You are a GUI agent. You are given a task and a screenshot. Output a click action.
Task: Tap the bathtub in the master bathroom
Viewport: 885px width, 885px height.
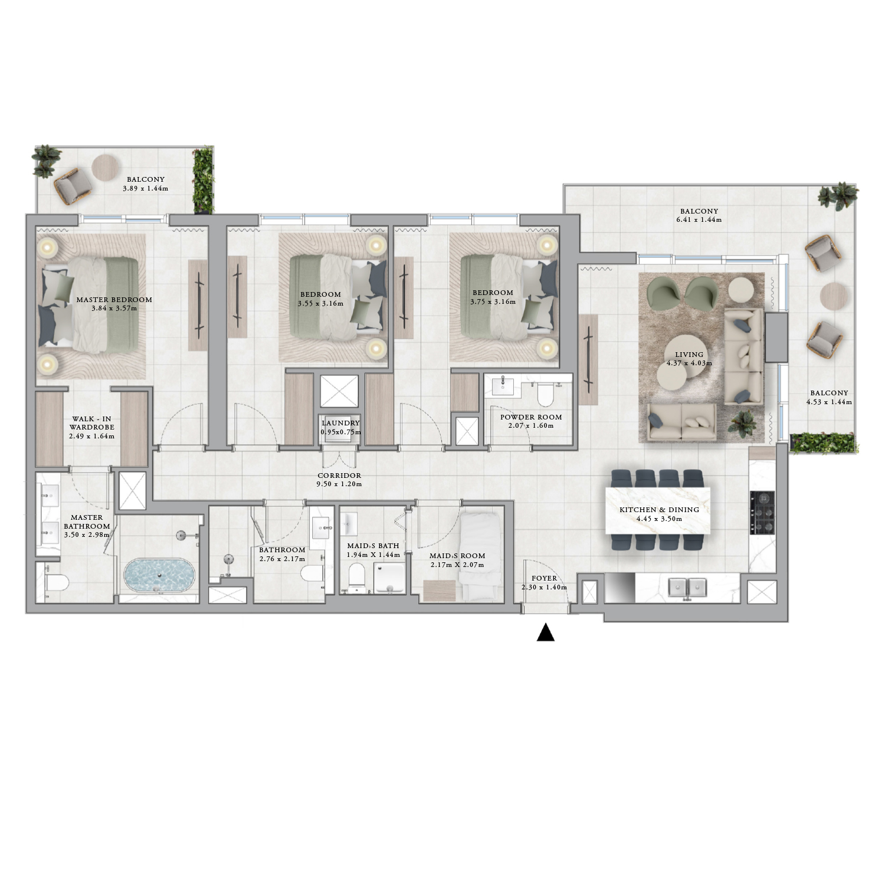tap(159, 575)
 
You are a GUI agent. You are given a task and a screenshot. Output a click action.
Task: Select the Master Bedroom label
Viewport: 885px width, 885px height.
tap(114, 299)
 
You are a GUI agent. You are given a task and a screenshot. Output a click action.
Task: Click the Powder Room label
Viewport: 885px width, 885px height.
tap(531, 417)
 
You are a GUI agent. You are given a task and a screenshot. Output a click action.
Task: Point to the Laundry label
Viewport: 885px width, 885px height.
tap(340, 423)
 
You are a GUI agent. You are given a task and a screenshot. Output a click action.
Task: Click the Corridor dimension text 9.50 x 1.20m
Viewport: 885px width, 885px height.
tap(339, 484)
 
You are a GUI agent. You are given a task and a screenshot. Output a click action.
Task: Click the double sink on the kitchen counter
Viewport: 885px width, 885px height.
tap(687, 587)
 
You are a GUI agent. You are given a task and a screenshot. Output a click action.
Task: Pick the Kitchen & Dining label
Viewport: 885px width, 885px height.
tap(659, 509)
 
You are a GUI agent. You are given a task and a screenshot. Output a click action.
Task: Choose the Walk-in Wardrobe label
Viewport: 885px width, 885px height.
tap(91, 422)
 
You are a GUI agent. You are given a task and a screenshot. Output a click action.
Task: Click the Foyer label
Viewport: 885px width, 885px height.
tap(544, 578)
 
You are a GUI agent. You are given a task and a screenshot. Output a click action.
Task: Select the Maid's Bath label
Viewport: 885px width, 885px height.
tap(373, 546)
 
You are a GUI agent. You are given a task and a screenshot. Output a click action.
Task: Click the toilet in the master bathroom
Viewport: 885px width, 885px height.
tap(56, 583)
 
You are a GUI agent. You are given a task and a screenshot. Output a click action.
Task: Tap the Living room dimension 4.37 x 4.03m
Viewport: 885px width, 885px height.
tap(689, 363)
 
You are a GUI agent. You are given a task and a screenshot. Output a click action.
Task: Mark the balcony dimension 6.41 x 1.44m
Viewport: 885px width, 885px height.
tap(699, 219)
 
